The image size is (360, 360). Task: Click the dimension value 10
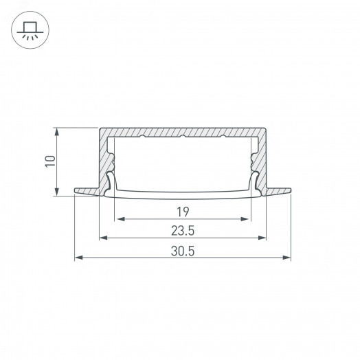click(50, 161)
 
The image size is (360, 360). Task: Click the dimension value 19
click(183, 212)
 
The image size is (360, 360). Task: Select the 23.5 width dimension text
click(183, 231)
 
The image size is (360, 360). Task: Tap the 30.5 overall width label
click(183, 251)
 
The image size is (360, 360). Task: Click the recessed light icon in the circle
click(30, 30)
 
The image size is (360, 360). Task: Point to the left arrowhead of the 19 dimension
click(120, 219)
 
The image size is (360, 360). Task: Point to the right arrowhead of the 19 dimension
click(245, 219)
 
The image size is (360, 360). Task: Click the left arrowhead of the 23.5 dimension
click(104, 238)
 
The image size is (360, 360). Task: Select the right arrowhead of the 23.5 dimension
click(262, 238)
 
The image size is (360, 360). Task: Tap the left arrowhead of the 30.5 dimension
click(79, 258)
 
